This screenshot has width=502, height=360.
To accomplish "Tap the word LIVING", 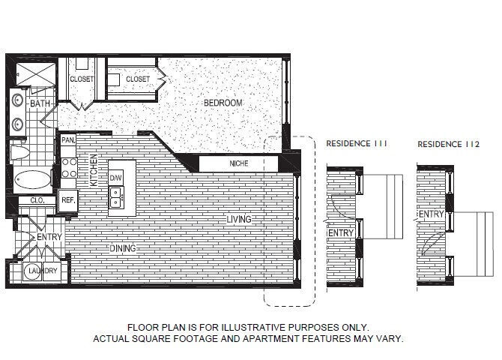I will click(240, 220).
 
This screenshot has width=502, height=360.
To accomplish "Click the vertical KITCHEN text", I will click(94, 170).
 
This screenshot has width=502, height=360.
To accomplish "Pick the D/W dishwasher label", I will click(116, 178).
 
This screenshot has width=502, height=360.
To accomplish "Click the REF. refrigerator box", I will click(67, 199).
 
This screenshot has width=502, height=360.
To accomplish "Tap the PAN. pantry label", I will click(68, 140).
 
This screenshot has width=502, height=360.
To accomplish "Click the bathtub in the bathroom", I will click(31, 180).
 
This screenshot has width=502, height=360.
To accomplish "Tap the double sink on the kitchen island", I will click(116, 196).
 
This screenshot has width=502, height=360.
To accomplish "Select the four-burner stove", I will click(68, 166).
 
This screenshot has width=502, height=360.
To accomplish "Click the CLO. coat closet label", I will click(37, 200).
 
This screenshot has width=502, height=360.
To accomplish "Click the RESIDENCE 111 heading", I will click(357, 143).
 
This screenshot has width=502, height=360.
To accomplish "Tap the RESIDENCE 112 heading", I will click(447, 143).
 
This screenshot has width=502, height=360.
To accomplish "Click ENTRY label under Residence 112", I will click(431, 214).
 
